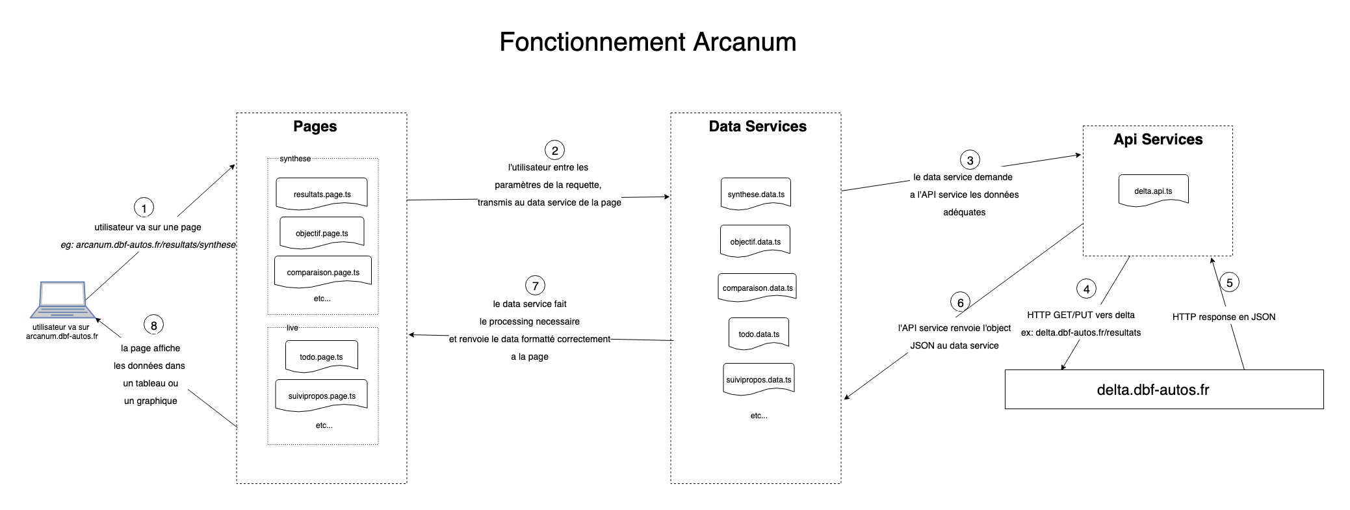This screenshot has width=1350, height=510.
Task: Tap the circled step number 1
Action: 144,208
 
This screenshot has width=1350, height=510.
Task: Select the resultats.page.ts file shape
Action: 322,194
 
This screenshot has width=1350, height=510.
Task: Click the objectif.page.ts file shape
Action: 322,233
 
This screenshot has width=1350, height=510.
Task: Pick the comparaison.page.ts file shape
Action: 323,272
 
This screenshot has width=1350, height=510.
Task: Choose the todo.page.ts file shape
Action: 321,356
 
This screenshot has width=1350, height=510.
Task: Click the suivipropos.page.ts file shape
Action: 322,396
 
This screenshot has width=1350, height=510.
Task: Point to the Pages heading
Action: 315,126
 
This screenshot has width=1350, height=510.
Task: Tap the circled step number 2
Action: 554,150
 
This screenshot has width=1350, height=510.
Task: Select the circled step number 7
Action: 535,286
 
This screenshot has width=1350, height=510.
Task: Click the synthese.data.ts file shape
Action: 756,194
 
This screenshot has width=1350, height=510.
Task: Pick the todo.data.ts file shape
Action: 759,334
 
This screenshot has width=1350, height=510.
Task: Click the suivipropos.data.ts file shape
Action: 759,379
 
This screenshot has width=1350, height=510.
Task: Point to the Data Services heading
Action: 757,126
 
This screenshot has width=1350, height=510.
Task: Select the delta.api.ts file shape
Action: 1153,191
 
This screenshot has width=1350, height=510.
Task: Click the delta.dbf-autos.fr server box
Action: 1163,389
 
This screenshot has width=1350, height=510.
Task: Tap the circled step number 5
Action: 1229,283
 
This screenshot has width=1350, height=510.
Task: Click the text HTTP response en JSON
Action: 1223,317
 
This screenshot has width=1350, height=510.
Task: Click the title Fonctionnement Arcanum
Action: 647,42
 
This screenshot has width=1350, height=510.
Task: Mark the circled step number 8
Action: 153,325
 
